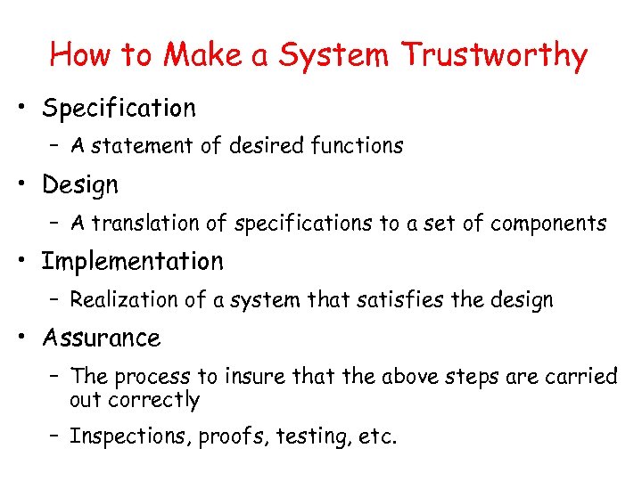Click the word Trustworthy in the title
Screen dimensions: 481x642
(x=495, y=55)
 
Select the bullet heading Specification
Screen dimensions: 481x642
(x=119, y=109)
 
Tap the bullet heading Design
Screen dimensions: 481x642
(x=79, y=185)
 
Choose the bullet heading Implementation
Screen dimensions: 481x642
(x=132, y=262)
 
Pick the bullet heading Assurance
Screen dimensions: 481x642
(x=101, y=338)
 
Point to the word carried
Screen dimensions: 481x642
(x=580, y=376)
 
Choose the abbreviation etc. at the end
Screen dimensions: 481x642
(x=378, y=436)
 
